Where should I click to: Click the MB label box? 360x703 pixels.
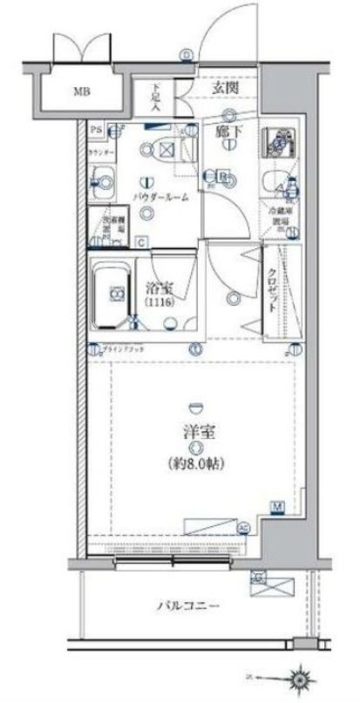pos(81,90)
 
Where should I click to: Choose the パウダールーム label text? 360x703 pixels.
pos(162,197)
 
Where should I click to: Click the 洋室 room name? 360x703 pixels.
pos(194,429)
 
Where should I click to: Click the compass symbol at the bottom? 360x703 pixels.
pos(302,676)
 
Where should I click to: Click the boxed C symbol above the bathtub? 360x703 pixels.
pos(139,241)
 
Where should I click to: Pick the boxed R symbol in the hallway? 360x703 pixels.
pos(223,176)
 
